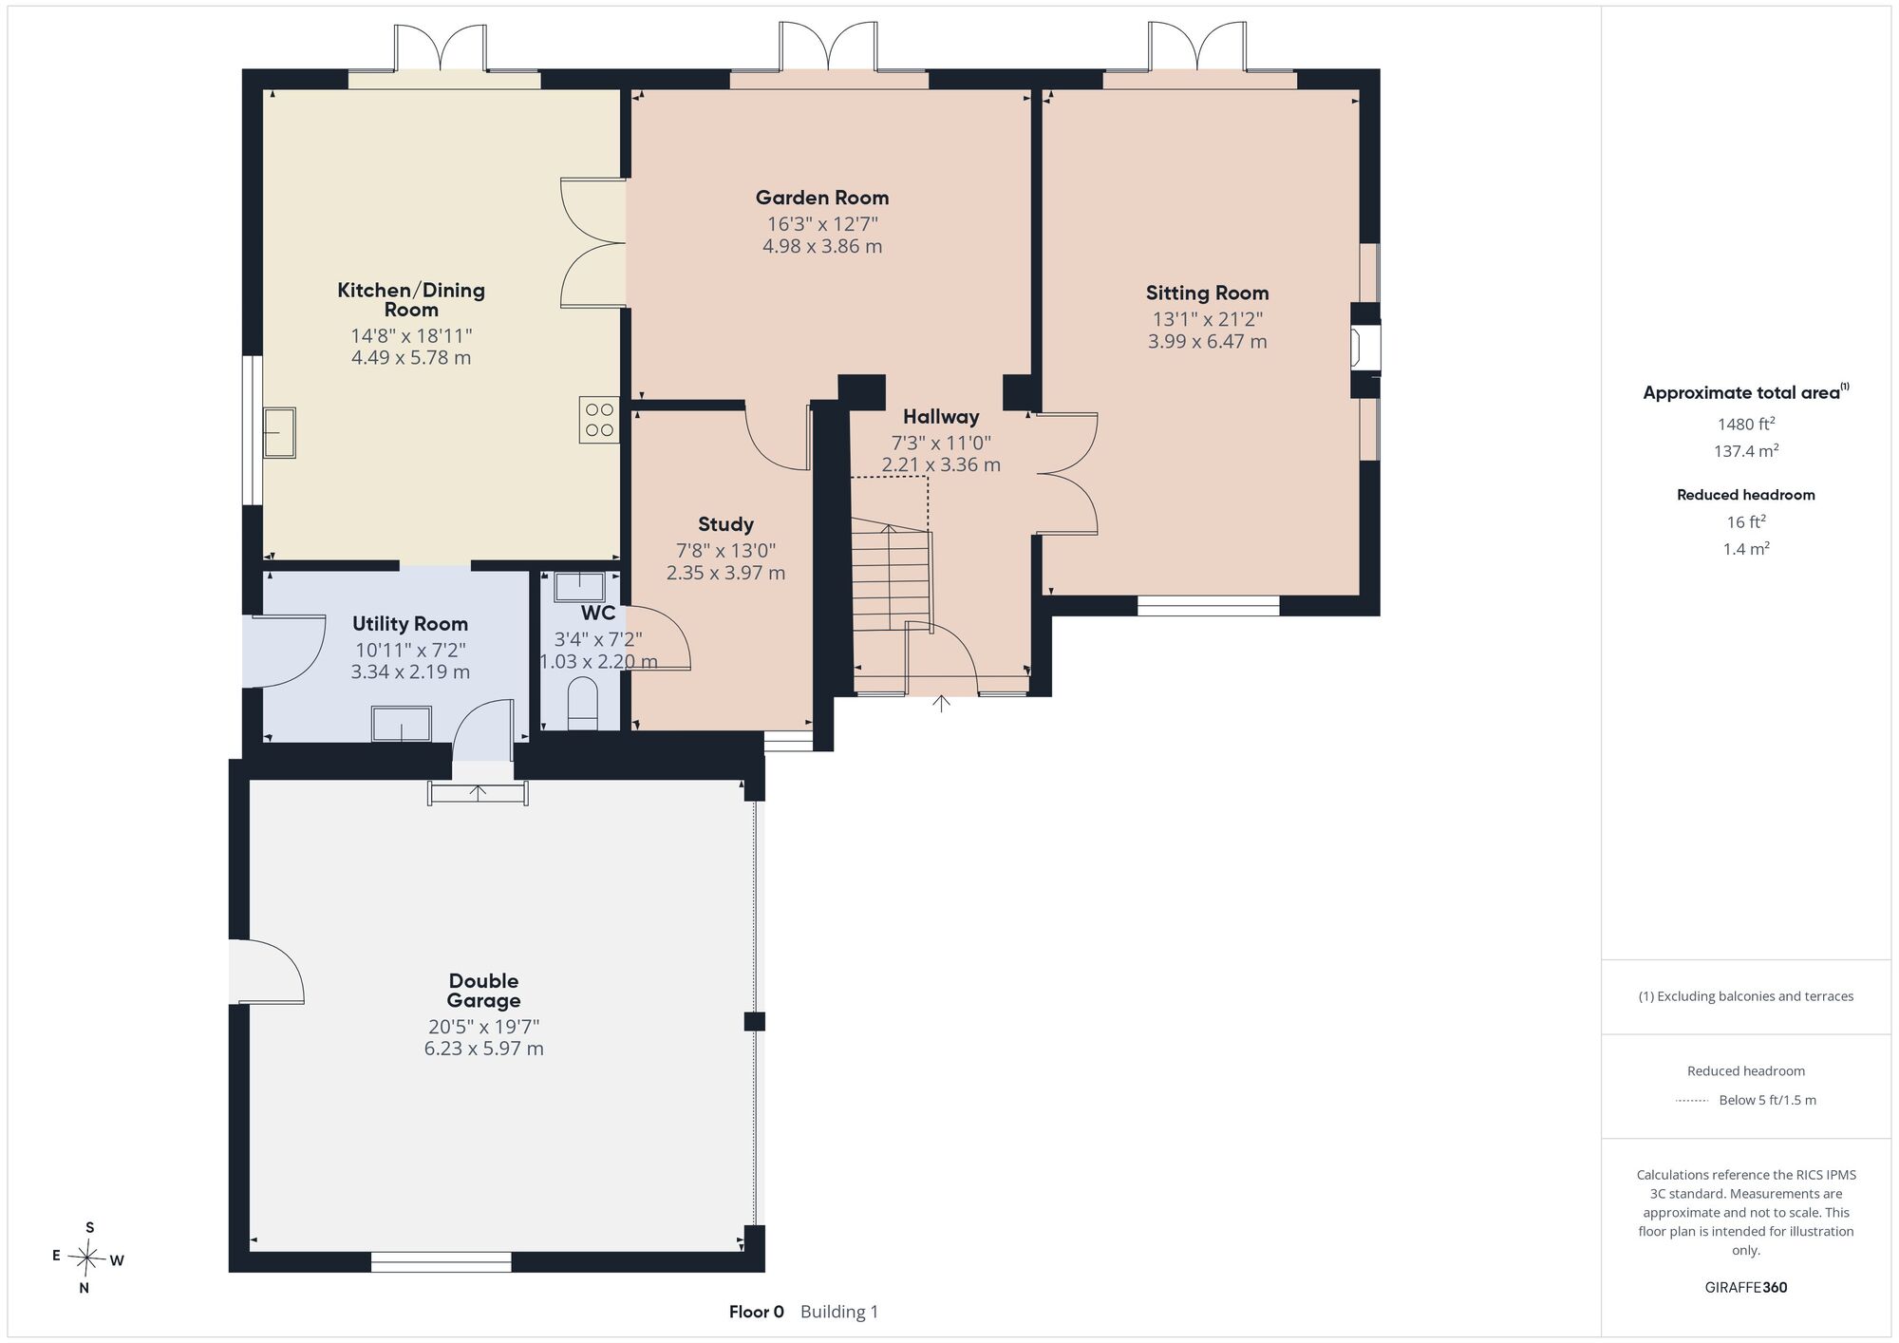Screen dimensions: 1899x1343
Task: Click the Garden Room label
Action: coord(822,198)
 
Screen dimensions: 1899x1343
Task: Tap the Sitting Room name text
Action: coord(1207,293)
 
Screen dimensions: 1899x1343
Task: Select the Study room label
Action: coord(725,524)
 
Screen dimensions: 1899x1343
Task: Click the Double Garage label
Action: coord(483,991)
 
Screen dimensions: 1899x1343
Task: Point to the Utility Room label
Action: coord(410,624)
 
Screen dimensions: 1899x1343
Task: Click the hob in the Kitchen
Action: coord(599,420)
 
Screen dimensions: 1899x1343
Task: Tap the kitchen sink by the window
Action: coord(279,432)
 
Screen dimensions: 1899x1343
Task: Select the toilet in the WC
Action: coord(582,704)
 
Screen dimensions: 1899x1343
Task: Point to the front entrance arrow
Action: coord(941,703)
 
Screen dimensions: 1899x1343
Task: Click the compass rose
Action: coord(88,1258)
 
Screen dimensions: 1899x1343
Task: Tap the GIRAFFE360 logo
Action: coord(1746,1287)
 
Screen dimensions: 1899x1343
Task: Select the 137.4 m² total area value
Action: coord(1746,451)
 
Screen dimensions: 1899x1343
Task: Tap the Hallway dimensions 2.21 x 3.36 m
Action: coord(941,465)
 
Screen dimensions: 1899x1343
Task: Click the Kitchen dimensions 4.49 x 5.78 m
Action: coord(411,358)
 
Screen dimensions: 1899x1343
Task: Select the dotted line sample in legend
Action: coord(1692,1101)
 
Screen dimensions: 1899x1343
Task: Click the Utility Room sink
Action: coord(402,724)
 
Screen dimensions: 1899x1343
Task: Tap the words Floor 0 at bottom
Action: coord(757,1312)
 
